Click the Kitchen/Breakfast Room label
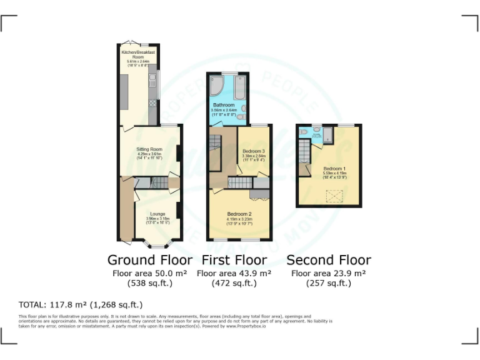[138, 53]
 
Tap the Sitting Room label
[149, 149]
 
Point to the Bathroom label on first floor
[223, 105]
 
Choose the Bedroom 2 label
[239, 213]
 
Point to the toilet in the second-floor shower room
[303, 132]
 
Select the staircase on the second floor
[304, 151]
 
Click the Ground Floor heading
[150, 260]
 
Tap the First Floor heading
[234, 260]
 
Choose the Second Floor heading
[328, 260]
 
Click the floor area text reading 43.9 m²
[234, 274]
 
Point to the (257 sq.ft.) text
[328, 283]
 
